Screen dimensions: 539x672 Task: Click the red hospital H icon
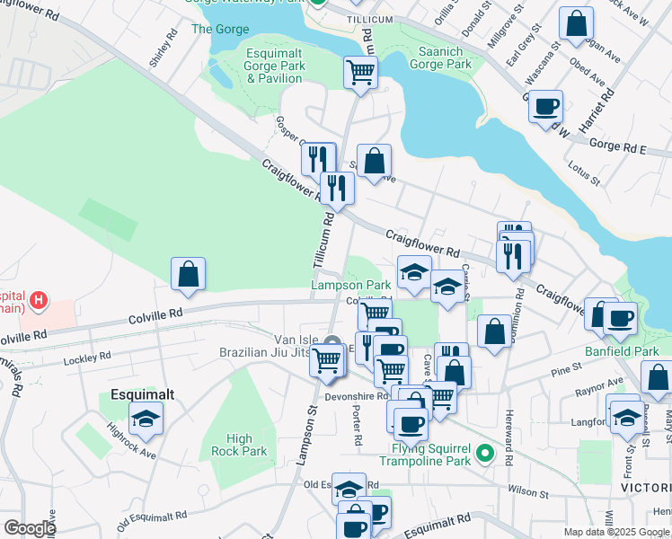38,301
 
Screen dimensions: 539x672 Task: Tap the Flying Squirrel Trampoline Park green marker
486,454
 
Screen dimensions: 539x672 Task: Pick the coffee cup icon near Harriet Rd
545,106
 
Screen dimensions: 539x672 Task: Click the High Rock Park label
239,445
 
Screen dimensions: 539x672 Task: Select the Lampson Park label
350,285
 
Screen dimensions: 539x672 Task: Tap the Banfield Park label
622,351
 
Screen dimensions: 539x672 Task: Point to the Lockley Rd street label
87,358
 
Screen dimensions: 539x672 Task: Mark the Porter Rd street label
358,427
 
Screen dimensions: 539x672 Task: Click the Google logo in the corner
30,528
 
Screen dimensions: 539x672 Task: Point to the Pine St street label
567,370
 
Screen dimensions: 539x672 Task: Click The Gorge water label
220,29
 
